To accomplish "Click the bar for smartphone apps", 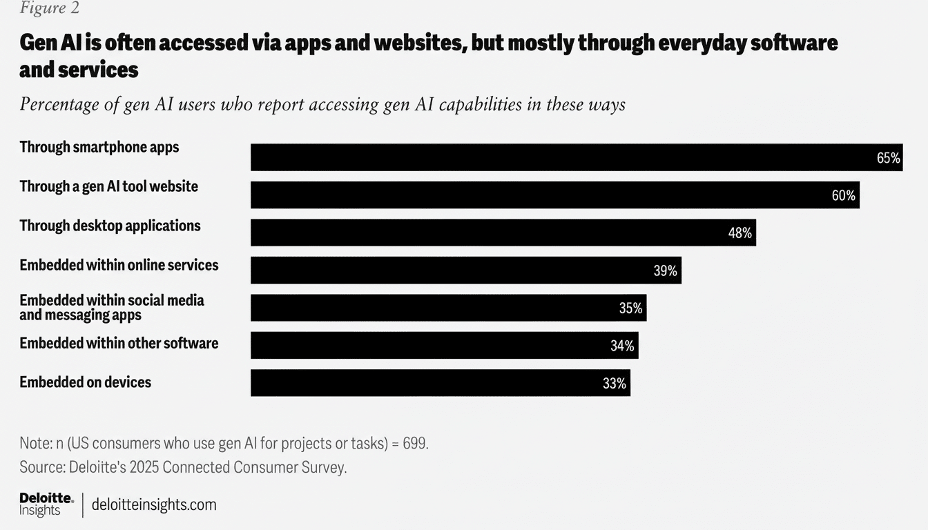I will coord(576,157).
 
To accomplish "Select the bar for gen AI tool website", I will coord(554,195).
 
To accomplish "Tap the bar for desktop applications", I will coord(503,233).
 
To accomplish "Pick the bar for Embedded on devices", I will coord(440,383).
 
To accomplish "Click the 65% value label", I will coord(888,158).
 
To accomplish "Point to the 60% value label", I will coord(843,196).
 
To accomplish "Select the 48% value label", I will coord(739,233).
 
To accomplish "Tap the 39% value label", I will coord(665,271).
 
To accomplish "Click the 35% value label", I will coord(630,308).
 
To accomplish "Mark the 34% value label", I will coord(622,346).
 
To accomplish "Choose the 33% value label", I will coord(614,384).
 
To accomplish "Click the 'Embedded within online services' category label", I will coord(119,265).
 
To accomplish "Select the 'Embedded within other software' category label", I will coord(119,343).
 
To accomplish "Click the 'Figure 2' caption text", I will coord(49,8).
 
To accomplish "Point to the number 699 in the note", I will coord(415,443).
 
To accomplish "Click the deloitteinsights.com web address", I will coord(154,504).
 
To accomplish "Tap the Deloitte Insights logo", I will coord(46,504).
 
